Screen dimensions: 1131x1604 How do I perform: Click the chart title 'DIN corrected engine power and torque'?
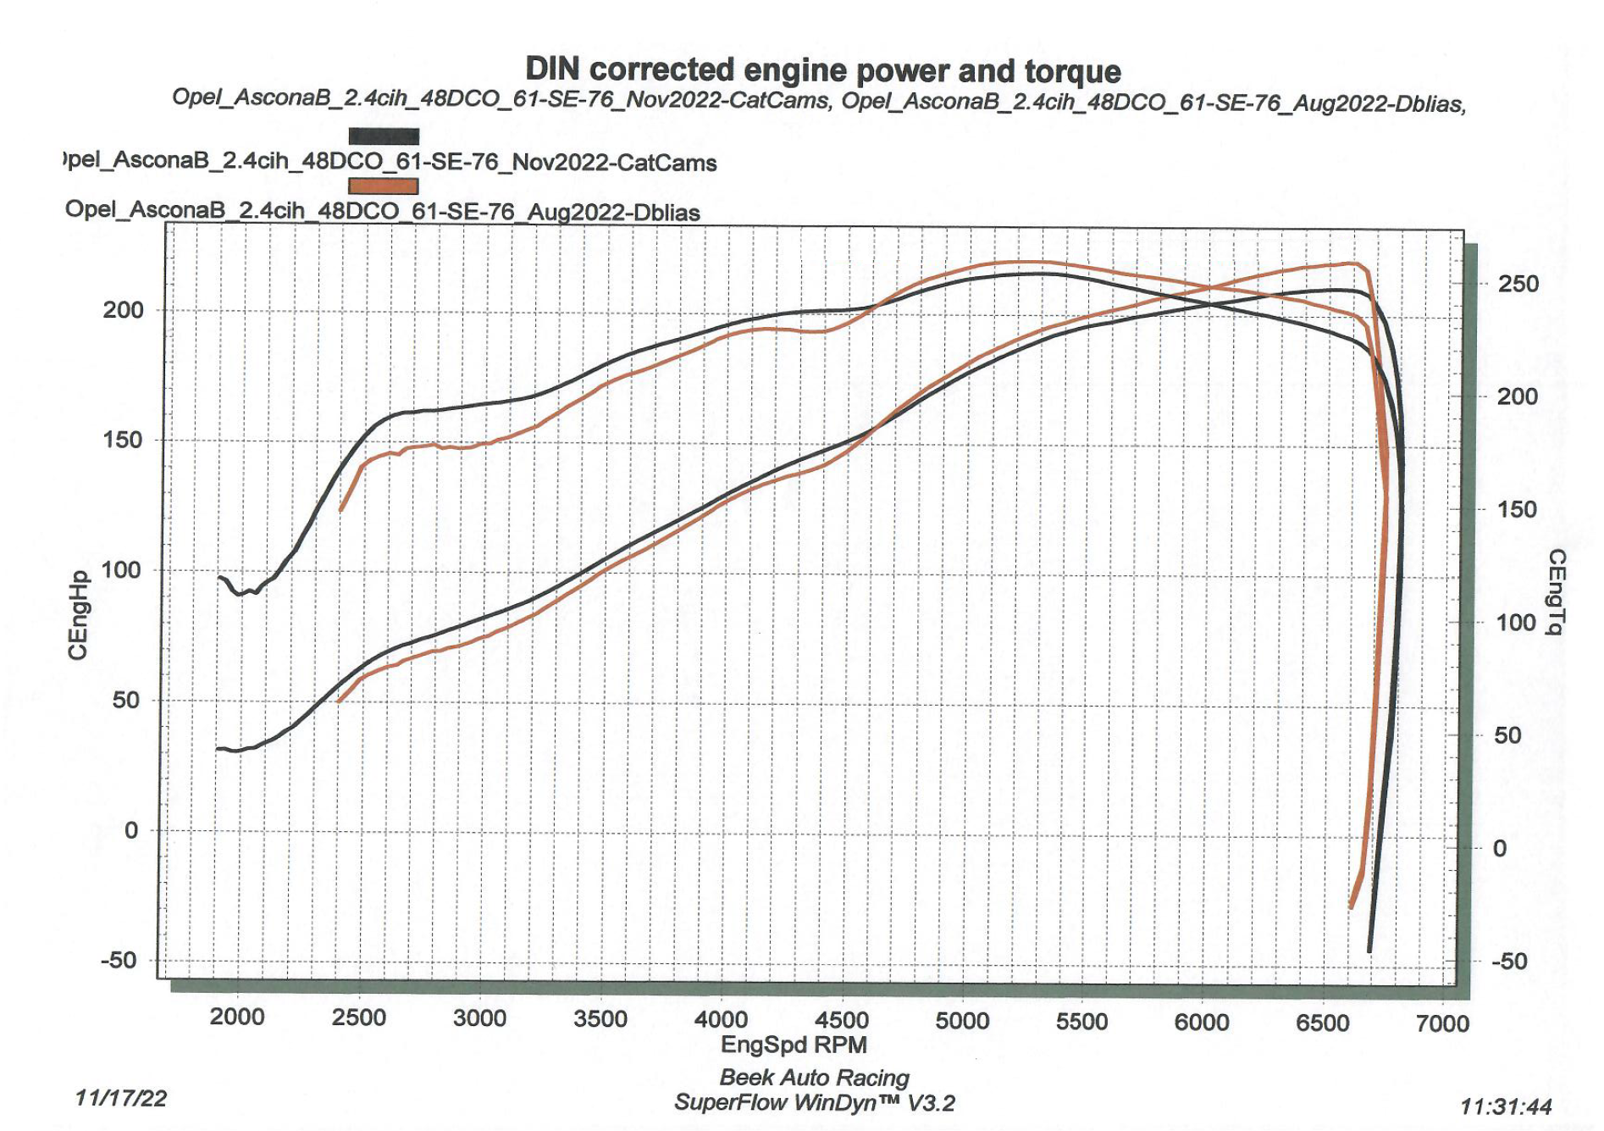coord(822,70)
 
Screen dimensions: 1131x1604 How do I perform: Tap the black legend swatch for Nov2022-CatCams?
coord(384,136)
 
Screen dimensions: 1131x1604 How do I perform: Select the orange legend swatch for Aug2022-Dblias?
coord(384,186)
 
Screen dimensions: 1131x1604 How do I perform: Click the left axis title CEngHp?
coord(78,615)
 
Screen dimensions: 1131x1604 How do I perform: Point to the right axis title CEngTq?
coord(1557,591)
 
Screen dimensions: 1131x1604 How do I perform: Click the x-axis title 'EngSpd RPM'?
coord(794,1045)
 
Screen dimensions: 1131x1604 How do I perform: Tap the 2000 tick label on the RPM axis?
coord(237,1017)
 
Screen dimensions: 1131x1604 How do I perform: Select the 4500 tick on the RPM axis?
coord(841,1019)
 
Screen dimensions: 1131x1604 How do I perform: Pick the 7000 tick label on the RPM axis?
coord(1442,1023)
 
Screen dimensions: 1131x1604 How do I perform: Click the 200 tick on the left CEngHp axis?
coord(124,310)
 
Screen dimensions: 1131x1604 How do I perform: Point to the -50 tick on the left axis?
coord(119,961)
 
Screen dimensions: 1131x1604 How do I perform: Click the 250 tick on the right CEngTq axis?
coord(1518,284)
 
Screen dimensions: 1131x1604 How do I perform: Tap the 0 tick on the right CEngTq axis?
coord(1500,848)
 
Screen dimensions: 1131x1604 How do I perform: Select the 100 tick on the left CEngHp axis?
coord(121,570)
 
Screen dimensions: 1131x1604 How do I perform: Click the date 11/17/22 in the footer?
coord(121,1099)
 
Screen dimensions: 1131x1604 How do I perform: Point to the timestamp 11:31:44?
coord(1506,1106)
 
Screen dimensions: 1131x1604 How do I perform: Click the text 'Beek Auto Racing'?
coord(814,1078)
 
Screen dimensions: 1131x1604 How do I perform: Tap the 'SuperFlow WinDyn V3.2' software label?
coord(814,1103)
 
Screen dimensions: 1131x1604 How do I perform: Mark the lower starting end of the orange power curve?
coord(339,701)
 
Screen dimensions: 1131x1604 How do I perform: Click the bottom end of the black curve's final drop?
coord(1369,951)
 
